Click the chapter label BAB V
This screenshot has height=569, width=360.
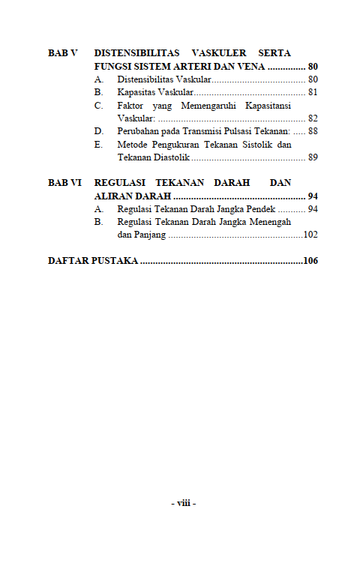click(63, 54)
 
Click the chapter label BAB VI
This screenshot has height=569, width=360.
click(64, 183)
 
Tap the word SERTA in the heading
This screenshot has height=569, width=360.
click(274, 54)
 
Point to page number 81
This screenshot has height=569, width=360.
click(313, 93)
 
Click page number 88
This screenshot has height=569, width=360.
click(313, 132)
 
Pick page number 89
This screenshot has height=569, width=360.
click(313, 158)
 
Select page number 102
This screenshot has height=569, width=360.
click(310, 235)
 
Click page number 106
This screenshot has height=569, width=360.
click(310, 262)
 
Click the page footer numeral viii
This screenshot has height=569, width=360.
click(184, 504)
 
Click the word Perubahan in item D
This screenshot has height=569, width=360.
click(138, 132)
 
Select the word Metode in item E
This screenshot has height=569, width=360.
click(132, 145)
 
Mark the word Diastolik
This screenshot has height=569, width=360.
click(169, 158)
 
